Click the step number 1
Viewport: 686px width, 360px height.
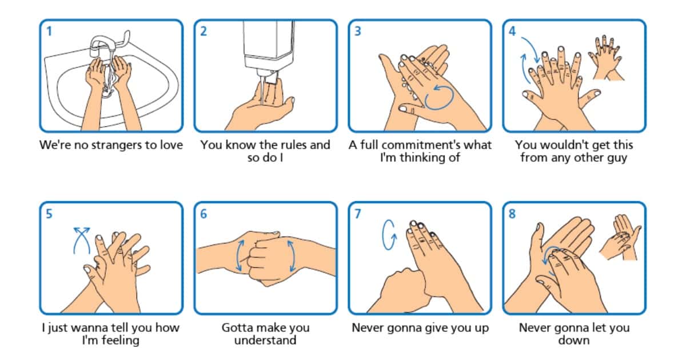[49, 31]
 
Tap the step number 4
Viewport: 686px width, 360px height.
[512, 31]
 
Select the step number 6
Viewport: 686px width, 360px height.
[204, 214]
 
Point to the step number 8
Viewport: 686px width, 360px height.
[512, 214]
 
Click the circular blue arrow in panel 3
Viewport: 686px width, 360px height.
[440, 97]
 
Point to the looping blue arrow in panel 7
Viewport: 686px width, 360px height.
[389, 234]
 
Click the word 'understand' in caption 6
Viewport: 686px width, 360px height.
[265, 341]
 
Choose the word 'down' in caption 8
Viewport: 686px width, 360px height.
[574, 341]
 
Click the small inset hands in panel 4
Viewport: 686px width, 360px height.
[607, 58]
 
